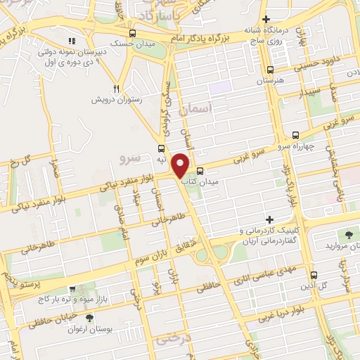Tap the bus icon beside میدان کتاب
pyautogui.click(x=200, y=170)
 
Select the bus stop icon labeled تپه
pyautogui.click(x=162, y=148)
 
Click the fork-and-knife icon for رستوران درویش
pyautogui.click(x=117, y=89)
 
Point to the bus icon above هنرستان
pyautogui.click(x=271, y=69)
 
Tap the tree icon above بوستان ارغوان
pyautogui.click(x=88, y=319)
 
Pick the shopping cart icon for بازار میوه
pyautogui.click(x=72, y=289)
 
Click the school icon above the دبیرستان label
pyautogui.click(x=72, y=41)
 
